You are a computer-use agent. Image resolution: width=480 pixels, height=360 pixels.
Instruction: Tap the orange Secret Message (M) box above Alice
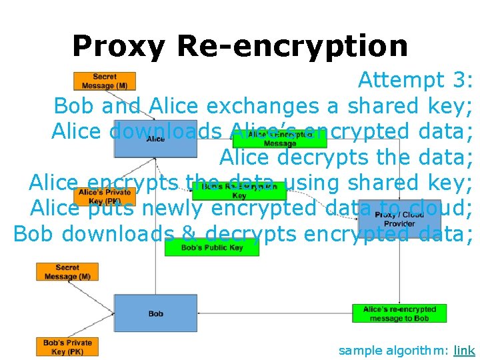[105, 81]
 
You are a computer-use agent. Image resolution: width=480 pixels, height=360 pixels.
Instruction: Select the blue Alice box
[155, 139]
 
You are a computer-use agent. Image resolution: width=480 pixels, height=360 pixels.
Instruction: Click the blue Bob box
[155, 313]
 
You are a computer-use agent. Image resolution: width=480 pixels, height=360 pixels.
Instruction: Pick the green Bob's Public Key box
[213, 247]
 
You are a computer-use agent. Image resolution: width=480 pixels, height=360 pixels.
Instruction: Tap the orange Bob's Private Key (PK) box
[67, 347]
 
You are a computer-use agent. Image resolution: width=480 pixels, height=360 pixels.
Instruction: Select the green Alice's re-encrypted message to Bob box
[399, 313]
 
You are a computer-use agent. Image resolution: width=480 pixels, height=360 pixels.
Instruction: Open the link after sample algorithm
[464, 350]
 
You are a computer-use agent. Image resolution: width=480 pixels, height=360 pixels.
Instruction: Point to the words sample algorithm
[393, 350]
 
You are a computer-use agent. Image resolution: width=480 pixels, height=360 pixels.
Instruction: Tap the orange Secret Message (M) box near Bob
[67, 272]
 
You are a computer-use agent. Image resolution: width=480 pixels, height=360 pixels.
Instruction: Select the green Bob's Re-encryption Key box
[239, 191]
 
